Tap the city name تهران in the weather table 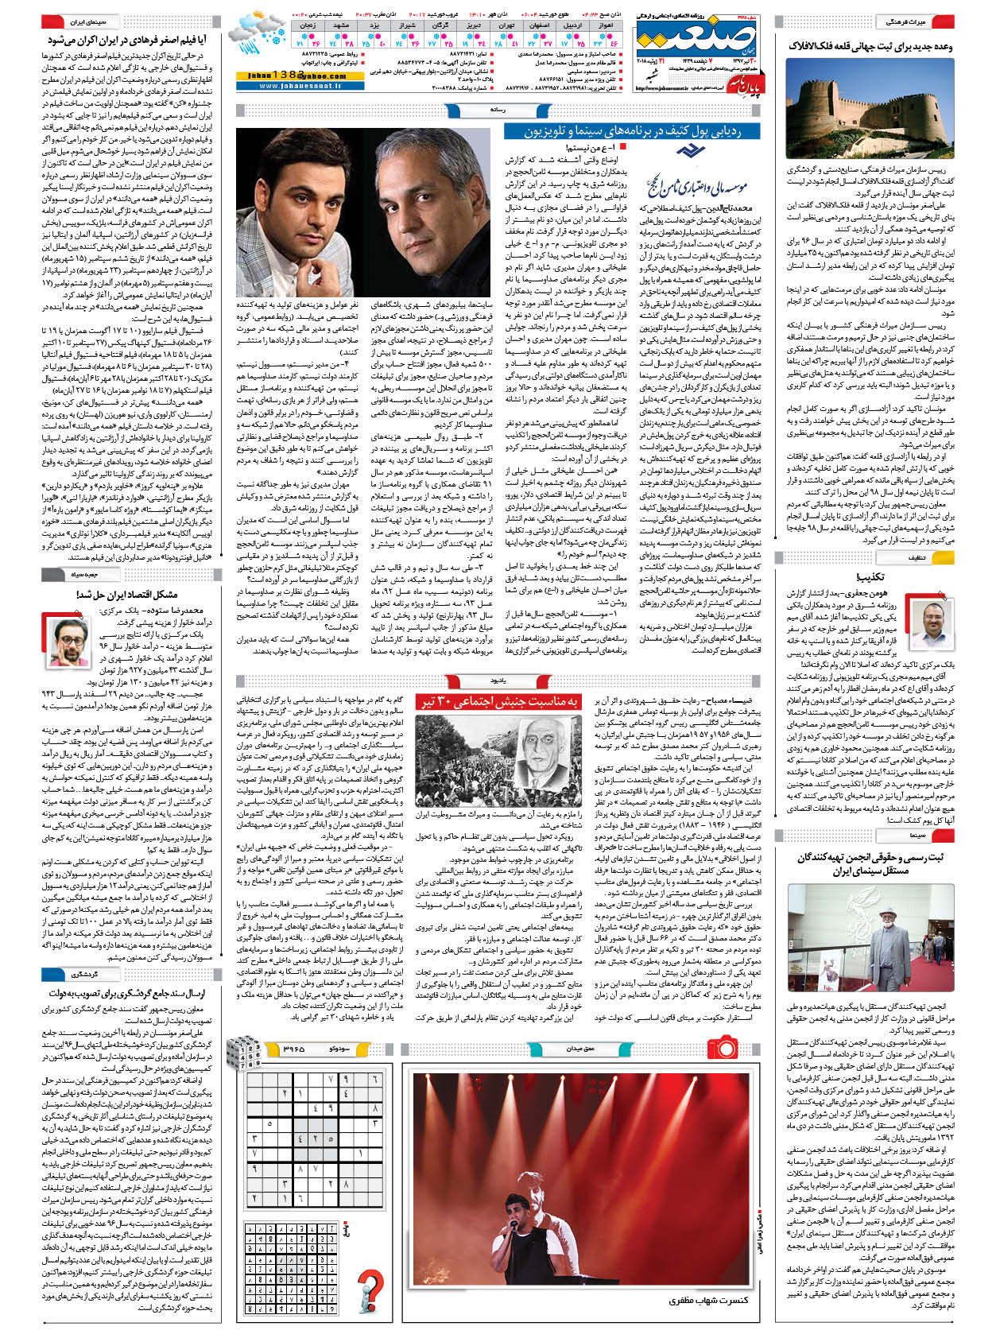[507, 25]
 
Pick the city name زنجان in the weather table [308, 25]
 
